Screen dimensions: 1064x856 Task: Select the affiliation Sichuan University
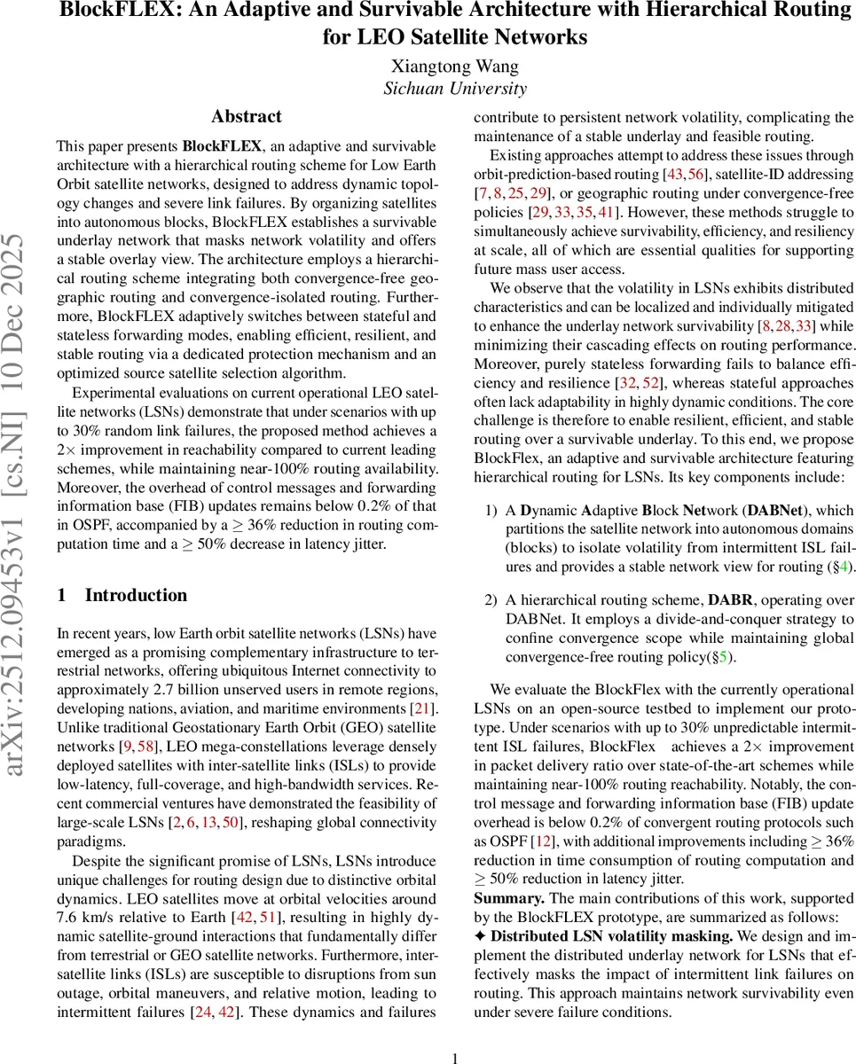point(454,88)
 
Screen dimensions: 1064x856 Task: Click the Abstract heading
point(247,116)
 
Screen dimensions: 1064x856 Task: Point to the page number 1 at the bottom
point(454,1033)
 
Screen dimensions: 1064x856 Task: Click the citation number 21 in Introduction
point(426,708)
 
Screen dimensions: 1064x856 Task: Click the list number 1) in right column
point(491,510)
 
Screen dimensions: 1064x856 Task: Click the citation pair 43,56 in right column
point(687,174)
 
